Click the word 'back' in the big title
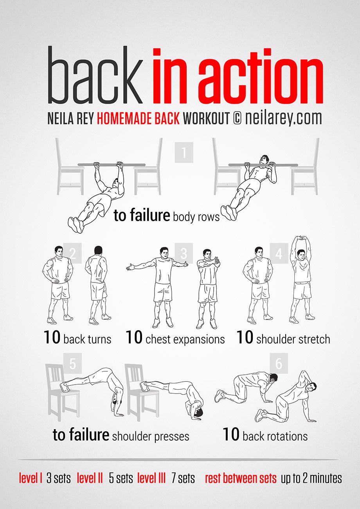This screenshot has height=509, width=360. tap(95, 75)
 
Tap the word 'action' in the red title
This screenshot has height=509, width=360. tap(261, 76)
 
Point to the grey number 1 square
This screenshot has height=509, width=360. tap(184, 152)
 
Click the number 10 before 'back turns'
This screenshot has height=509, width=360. tap(52, 337)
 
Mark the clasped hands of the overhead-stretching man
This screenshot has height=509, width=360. tap(301, 238)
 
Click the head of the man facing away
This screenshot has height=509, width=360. tap(98, 250)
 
